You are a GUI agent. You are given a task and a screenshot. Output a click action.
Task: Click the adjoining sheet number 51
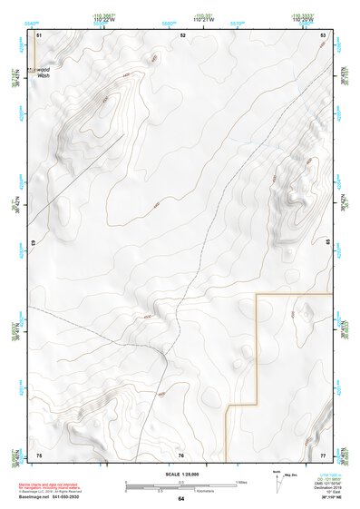(39, 34)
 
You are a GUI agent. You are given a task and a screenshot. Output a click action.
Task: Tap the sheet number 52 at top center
(182, 34)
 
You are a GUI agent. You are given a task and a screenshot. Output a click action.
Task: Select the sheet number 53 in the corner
(323, 34)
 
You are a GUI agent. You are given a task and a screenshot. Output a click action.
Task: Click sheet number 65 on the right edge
(328, 240)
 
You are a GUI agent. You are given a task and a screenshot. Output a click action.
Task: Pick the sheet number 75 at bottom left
(39, 455)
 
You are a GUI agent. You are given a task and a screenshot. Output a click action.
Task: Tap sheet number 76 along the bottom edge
(181, 455)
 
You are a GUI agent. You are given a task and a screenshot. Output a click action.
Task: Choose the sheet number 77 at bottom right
(323, 455)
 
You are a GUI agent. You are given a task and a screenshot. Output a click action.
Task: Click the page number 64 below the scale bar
(181, 498)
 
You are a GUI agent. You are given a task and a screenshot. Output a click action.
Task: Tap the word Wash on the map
(43, 76)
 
